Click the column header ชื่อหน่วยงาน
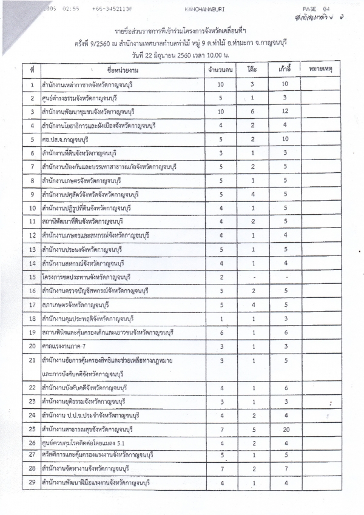pos(121,71)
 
